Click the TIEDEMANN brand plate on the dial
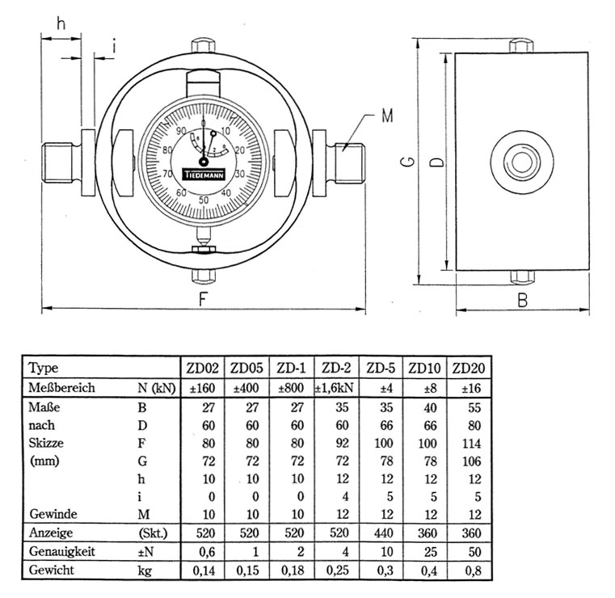coord(203,174)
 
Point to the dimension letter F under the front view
coord(204,300)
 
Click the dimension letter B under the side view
coord(522,301)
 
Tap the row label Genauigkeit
coord(63,552)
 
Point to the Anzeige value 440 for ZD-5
coord(381,533)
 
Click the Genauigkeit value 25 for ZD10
coord(427,552)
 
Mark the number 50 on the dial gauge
coord(203,200)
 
